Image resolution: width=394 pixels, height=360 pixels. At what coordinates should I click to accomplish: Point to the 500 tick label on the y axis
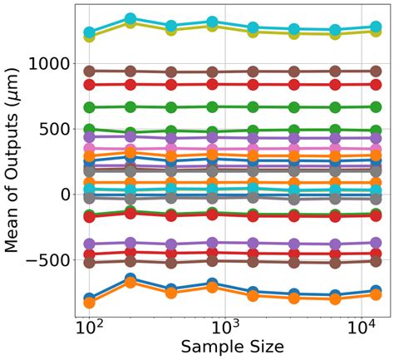(x=54, y=128)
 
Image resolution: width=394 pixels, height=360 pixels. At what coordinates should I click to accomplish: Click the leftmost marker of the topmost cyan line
(x=90, y=33)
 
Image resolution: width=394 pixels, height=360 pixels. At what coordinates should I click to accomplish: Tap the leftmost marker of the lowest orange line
(x=90, y=303)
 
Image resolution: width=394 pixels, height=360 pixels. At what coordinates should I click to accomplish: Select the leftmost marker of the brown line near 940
(x=90, y=72)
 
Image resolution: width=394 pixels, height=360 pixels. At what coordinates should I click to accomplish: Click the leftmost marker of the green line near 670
(x=90, y=107)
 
